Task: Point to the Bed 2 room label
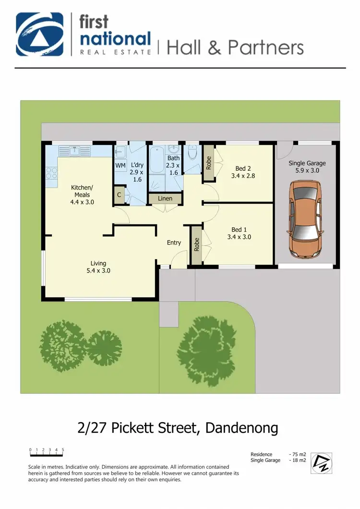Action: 243,172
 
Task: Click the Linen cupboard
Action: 165,199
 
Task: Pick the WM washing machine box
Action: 120,166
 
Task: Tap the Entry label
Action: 174,243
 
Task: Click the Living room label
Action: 98,267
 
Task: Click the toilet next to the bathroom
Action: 192,153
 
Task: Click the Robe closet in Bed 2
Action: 208,163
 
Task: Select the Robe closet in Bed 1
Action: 196,244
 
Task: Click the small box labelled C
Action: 119,195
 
